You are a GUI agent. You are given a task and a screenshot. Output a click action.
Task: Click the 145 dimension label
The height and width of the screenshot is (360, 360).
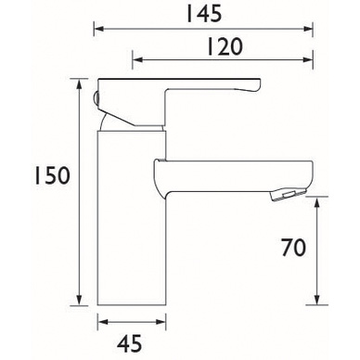tap(204, 14)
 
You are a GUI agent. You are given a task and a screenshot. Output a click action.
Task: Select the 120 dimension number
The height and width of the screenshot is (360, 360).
tap(225, 46)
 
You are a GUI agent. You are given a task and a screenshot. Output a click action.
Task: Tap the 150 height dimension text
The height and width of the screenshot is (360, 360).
tap(52, 176)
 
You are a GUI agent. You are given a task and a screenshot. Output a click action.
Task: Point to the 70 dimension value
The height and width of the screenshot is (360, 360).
tap(293, 248)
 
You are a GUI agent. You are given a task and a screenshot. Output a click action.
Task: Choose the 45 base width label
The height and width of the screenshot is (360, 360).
tap(130, 343)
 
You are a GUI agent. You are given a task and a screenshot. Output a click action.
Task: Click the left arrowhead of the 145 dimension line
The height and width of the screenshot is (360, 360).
tap(98, 29)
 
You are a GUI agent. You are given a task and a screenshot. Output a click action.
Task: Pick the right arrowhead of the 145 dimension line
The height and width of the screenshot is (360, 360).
tap(309, 29)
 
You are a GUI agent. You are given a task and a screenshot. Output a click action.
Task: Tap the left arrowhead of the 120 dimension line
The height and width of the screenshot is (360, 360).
tap(137, 59)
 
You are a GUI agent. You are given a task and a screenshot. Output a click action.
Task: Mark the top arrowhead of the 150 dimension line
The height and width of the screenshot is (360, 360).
tap(80, 84)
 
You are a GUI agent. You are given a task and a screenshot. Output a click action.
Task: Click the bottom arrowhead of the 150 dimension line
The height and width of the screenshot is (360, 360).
tap(80, 301)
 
